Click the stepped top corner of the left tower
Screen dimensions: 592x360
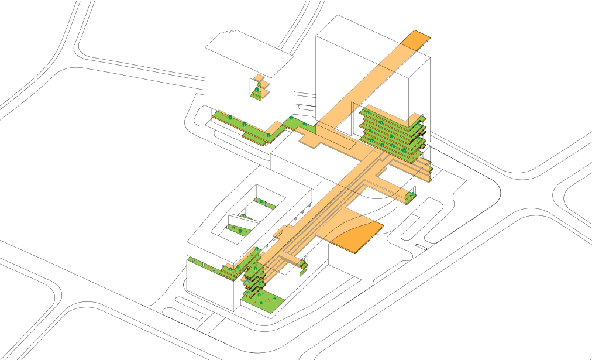(x=230, y=32)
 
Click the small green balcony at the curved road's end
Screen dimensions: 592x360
(x=411, y=197)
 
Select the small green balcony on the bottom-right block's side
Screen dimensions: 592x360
(x=304, y=267)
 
